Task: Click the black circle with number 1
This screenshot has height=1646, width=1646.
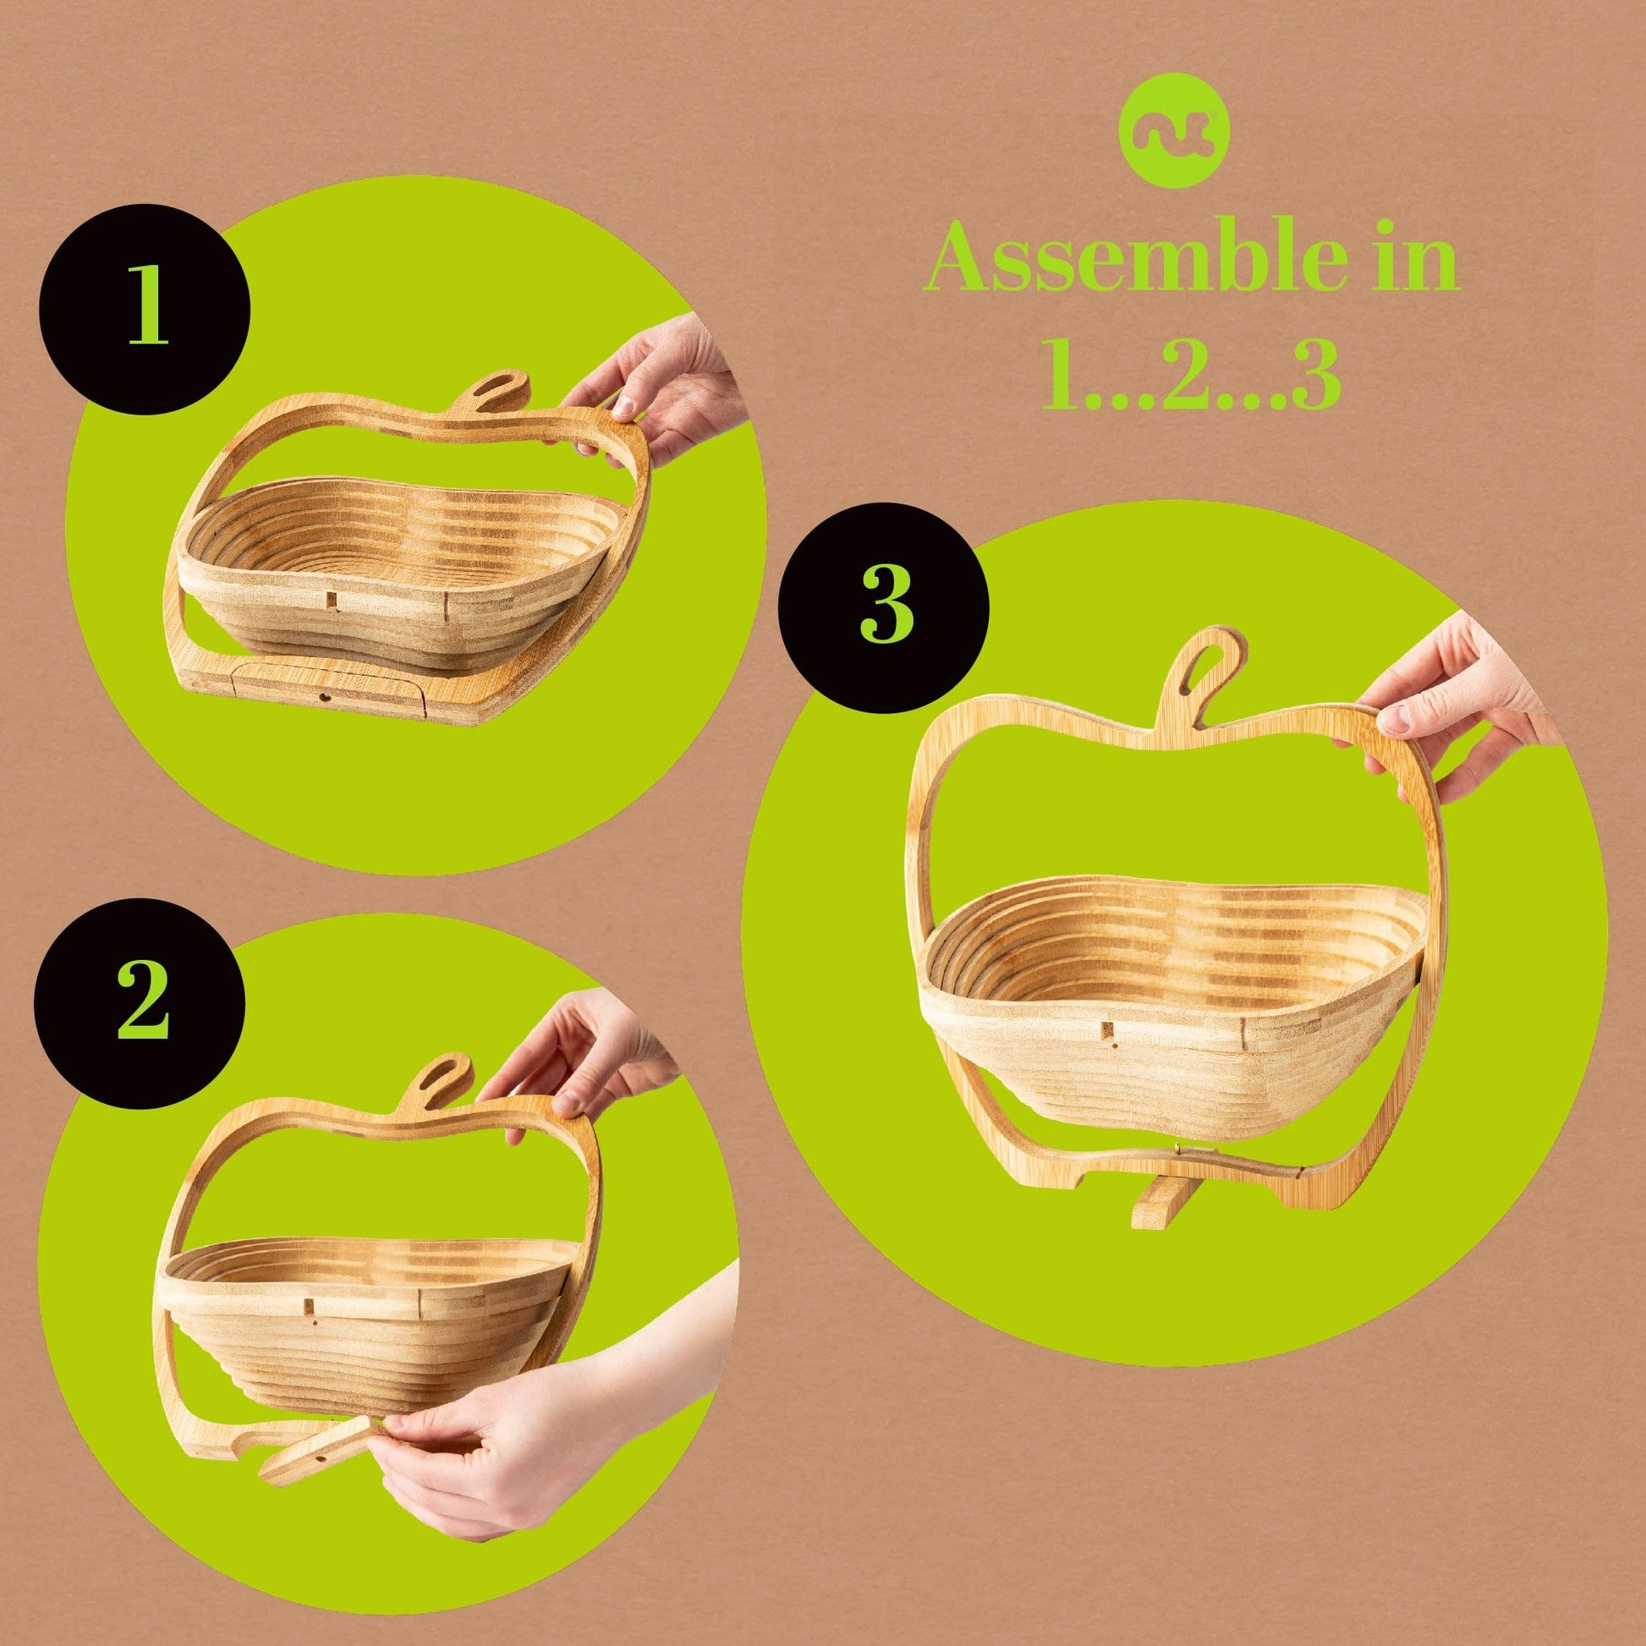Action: coord(144,315)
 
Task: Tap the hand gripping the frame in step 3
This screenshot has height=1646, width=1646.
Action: coord(1465,707)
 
